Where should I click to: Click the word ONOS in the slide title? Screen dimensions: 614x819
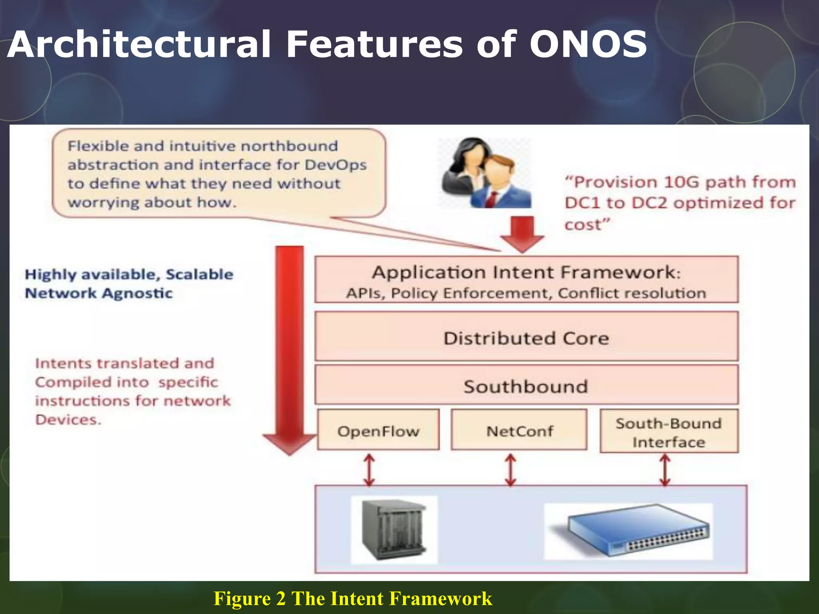click(x=588, y=44)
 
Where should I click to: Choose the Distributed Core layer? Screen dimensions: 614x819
click(x=526, y=338)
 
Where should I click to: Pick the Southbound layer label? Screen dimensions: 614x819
click(x=525, y=387)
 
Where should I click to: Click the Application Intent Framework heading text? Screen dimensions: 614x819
click(x=526, y=273)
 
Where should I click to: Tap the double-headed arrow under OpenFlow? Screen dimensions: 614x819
click(x=369, y=469)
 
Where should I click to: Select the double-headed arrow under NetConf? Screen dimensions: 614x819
click(x=510, y=469)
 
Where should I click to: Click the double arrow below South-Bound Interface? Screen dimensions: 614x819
click(x=665, y=469)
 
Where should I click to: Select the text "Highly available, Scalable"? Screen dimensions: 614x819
click(x=129, y=274)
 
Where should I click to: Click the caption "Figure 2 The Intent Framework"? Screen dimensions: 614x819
click(x=353, y=599)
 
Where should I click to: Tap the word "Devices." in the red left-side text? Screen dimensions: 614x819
click(x=68, y=420)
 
